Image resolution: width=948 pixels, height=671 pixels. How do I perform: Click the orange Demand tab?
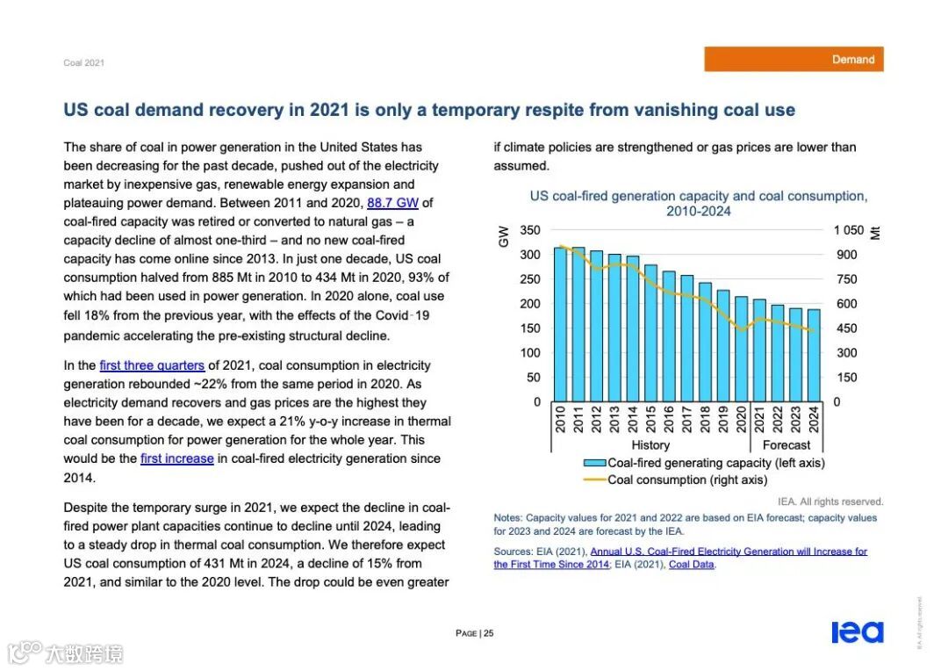794,60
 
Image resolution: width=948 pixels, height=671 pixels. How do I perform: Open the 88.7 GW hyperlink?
392,203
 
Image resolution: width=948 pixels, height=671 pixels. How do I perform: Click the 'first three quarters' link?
152,365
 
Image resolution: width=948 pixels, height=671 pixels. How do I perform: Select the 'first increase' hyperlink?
176,458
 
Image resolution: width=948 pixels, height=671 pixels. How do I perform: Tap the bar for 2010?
560,325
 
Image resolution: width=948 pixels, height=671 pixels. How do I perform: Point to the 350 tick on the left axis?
530,230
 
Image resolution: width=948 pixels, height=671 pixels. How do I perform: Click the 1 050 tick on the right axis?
848,230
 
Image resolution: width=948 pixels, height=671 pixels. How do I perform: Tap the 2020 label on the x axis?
741,419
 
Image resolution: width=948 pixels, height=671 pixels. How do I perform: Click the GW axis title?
504,235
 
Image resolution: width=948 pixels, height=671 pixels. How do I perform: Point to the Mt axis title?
875,233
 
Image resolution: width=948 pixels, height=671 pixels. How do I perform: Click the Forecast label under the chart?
786,445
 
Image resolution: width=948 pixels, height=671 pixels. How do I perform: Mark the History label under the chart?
650,445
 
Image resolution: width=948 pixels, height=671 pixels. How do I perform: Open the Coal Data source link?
692,565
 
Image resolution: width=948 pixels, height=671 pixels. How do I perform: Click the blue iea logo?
857,632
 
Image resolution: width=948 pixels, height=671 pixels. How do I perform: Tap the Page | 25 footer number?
474,633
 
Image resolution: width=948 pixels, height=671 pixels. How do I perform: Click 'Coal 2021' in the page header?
83,63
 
